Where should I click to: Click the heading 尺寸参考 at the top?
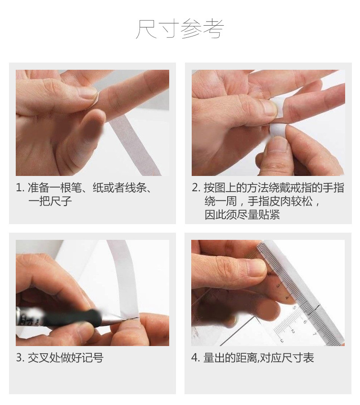tap(180, 29)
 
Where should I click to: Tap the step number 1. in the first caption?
tap(20, 188)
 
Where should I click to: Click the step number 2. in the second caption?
tap(196, 188)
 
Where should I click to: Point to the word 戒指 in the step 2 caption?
tap(306, 188)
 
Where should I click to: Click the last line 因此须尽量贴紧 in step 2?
tap(242, 215)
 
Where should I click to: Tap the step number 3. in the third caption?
tap(20, 358)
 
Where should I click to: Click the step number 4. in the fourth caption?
tap(196, 358)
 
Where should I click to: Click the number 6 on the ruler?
tap(304, 321)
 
